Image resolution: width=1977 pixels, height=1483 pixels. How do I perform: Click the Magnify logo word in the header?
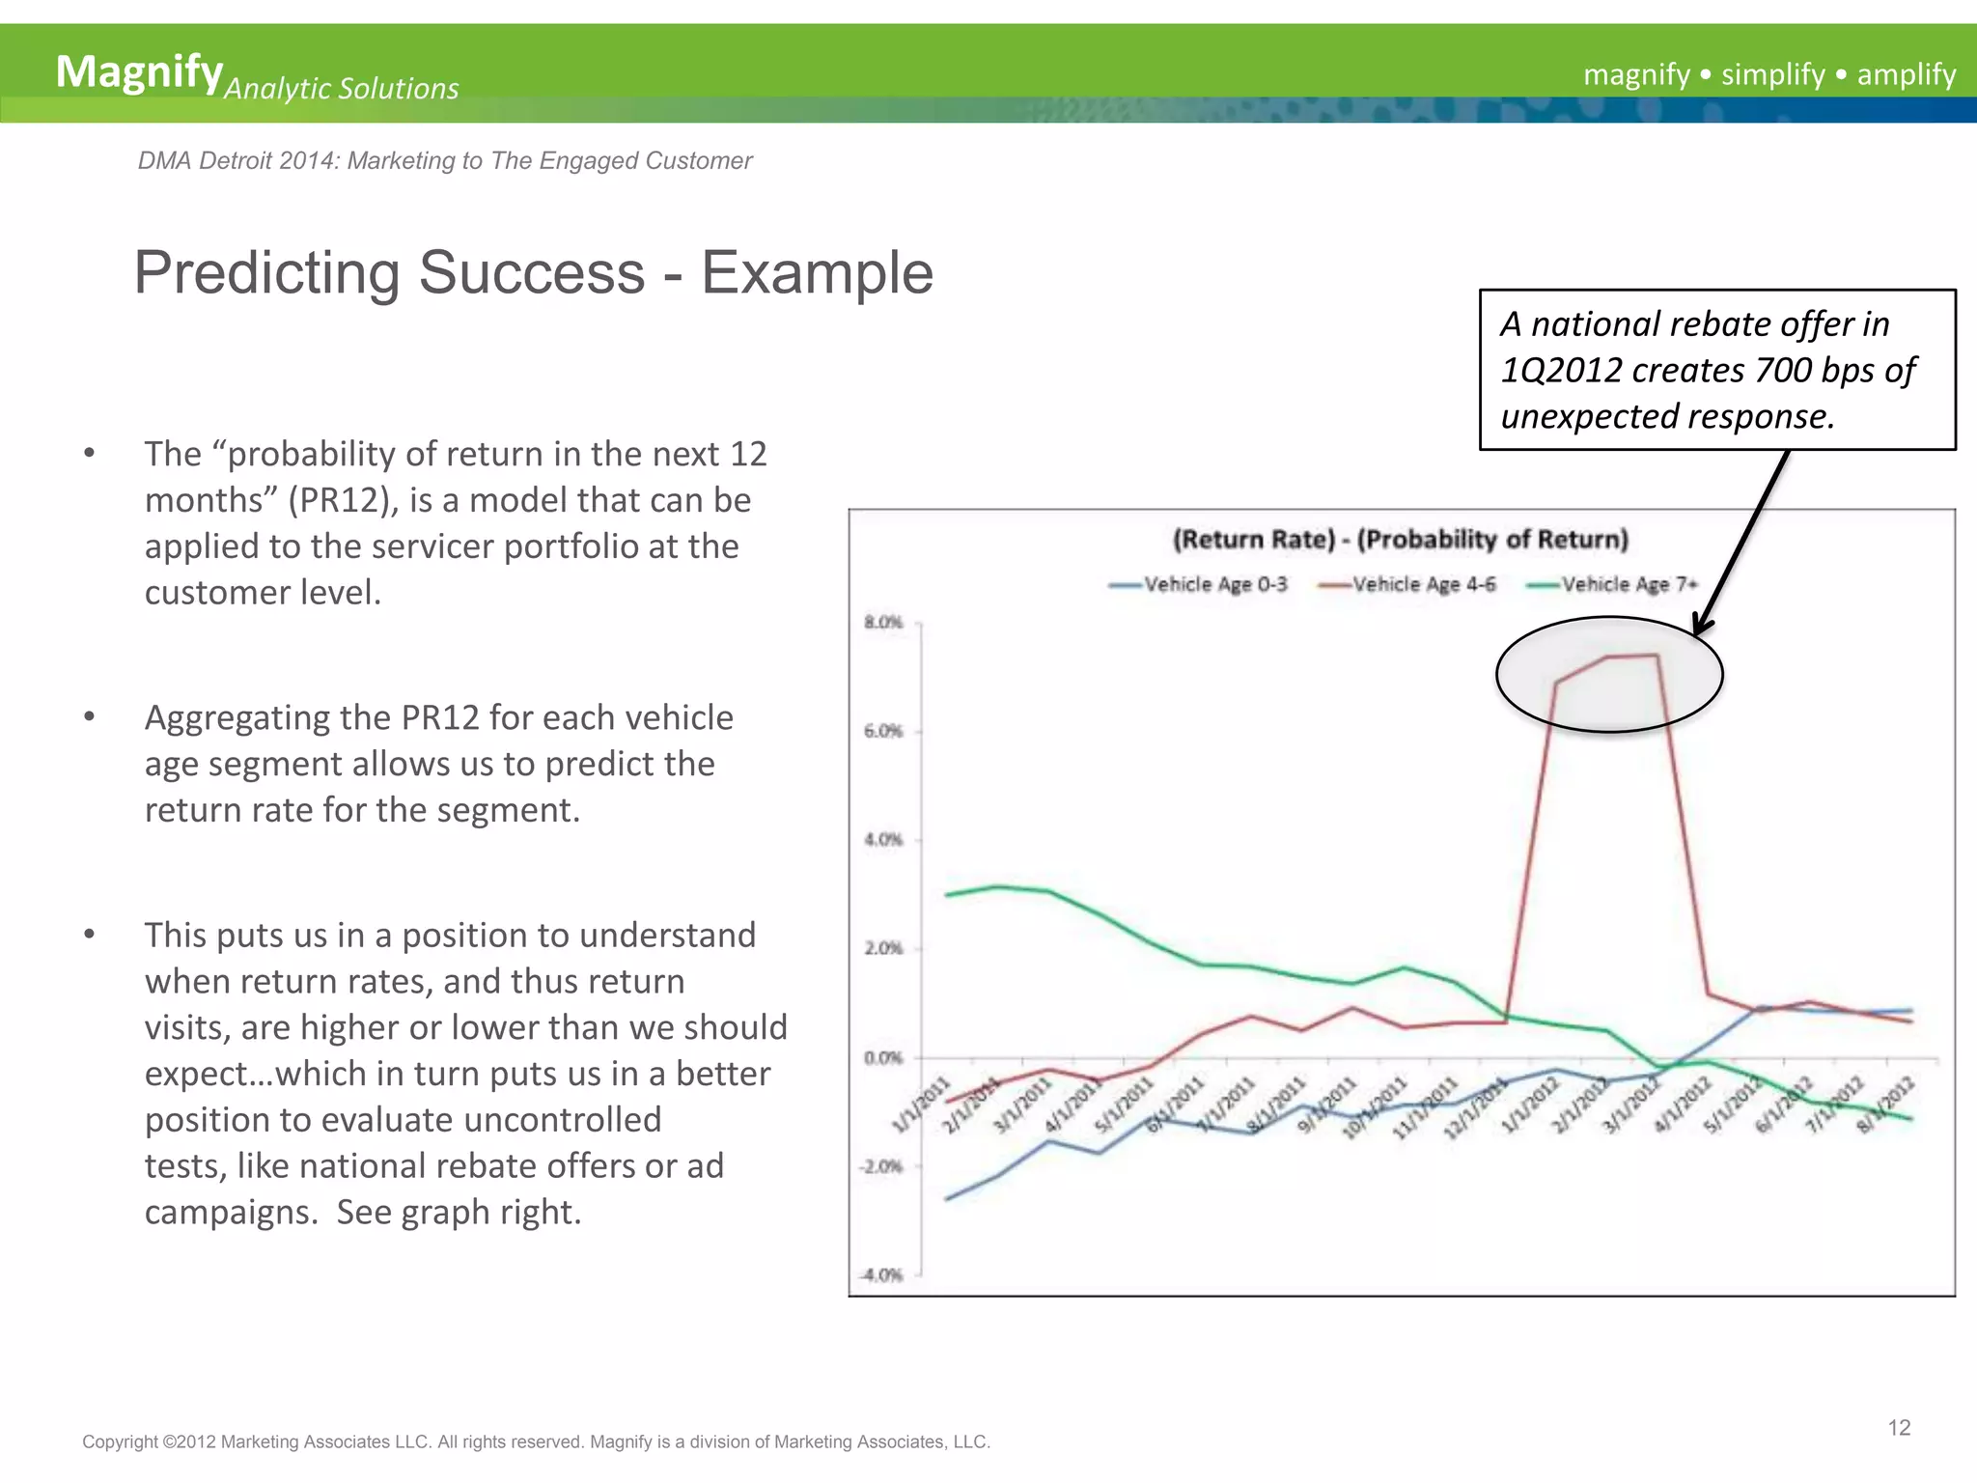139,71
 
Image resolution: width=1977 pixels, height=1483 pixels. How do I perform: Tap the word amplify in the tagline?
1906,74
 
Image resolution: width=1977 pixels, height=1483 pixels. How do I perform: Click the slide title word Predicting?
266,272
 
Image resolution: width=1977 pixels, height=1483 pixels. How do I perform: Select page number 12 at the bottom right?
1899,1428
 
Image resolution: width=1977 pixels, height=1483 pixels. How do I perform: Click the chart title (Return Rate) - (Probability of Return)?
1400,539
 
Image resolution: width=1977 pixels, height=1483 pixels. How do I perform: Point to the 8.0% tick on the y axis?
883,622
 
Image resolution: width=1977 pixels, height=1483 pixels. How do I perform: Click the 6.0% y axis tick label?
883,731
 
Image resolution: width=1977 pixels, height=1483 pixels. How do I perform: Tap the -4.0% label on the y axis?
880,1275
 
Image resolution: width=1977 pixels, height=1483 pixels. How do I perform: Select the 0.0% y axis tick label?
883,1058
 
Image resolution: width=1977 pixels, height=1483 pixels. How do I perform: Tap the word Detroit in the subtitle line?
233,161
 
